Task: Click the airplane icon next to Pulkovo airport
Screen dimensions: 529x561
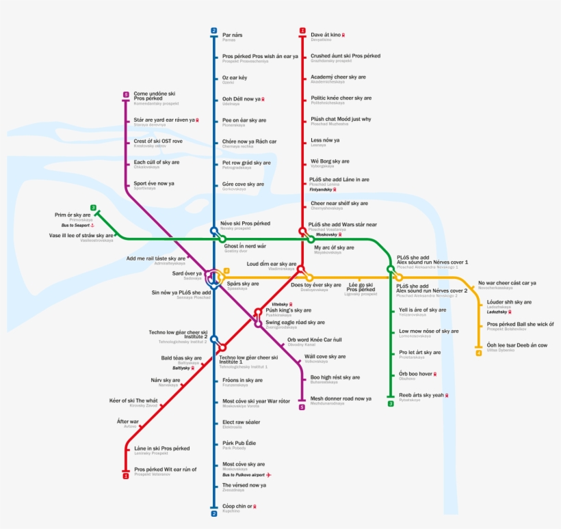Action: coord(269,474)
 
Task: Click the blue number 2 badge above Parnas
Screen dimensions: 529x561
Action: coord(213,31)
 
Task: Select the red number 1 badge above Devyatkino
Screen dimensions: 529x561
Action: coord(302,31)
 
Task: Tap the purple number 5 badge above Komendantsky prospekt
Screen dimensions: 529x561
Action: coord(126,95)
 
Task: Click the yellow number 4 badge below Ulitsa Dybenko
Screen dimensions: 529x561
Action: coord(478,353)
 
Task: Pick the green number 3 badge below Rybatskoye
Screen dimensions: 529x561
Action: coord(391,404)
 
